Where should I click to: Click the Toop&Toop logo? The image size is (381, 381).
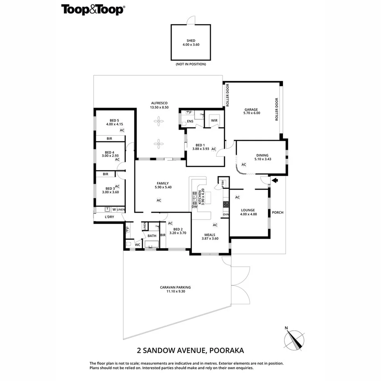(x=93, y=10)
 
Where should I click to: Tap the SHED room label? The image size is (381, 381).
(x=191, y=40)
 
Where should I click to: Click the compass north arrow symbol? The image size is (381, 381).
(x=294, y=340)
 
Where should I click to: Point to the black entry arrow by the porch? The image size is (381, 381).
(x=275, y=180)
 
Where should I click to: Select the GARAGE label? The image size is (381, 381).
(x=251, y=109)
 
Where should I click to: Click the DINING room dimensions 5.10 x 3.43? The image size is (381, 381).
(x=263, y=159)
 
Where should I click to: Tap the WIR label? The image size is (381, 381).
(x=214, y=121)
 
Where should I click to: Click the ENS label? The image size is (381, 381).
(x=190, y=121)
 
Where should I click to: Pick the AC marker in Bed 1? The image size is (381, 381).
(x=213, y=149)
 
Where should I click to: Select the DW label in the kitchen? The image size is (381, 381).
(x=195, y=207)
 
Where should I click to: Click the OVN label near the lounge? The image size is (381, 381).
(x=226, y=215)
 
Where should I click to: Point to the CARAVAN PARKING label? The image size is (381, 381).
(x=175, y=287)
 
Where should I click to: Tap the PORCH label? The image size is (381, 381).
(x=278, y=212)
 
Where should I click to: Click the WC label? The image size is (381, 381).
(x=137, y=245)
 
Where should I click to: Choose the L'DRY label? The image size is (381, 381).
(x=109, y=217)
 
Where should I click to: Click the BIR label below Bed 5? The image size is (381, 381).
(x=109, y=139)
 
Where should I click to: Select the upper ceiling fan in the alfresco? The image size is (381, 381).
(x=159, y=121)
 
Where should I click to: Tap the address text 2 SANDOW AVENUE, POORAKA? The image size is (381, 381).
(x=190, y=350)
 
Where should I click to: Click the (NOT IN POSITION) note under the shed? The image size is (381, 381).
(x=191, y=64)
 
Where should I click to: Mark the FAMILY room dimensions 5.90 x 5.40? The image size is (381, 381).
(x=163, y=187)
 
